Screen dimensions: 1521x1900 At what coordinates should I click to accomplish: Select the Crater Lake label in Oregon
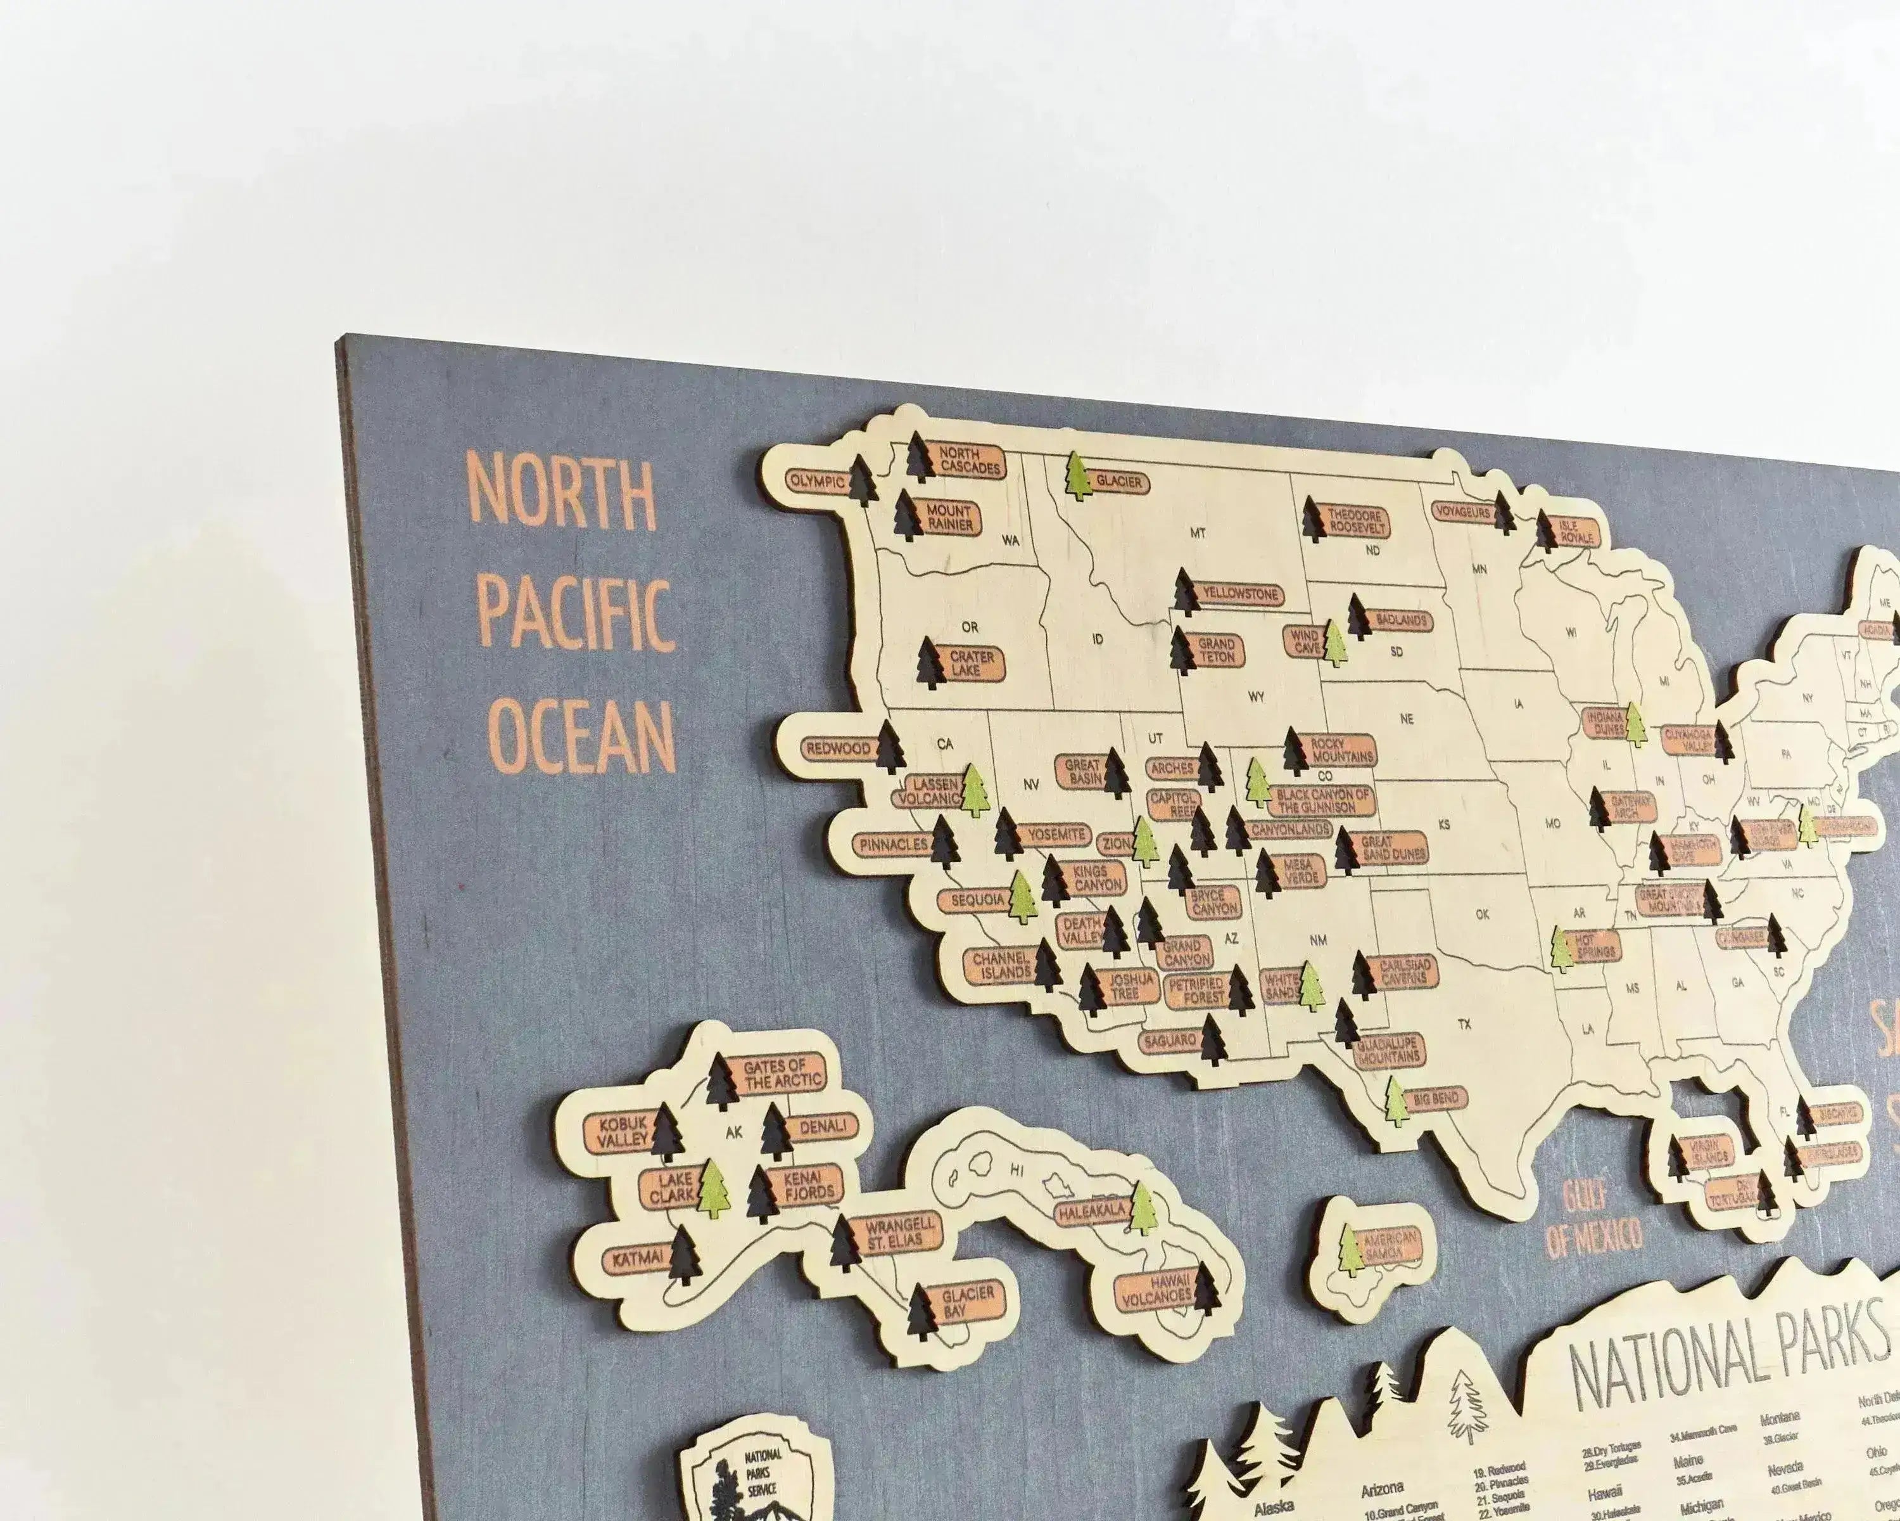[972, 662]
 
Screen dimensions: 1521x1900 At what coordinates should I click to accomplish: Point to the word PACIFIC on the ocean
[580, 613]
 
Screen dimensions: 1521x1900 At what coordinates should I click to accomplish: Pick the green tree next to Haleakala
[1143, 1207]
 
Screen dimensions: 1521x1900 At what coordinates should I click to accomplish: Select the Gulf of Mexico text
[1594, 1221]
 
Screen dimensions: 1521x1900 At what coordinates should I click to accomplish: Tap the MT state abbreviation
[1197, 532]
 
